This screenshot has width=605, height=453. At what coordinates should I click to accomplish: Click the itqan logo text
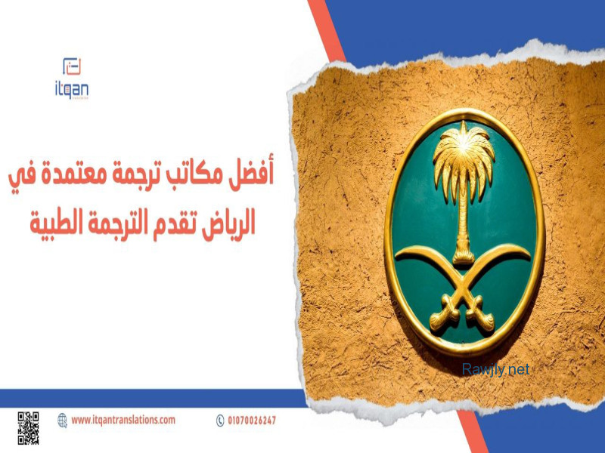coord(71,90)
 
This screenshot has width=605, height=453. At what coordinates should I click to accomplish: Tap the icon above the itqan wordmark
coord(72,66)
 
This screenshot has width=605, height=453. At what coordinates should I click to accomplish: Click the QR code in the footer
coord(28,428)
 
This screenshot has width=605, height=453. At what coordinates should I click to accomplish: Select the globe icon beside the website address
coord(62,421)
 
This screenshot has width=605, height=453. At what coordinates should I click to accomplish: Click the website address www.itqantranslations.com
coord(123,420)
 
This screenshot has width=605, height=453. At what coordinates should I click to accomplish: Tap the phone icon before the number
coord(220,421)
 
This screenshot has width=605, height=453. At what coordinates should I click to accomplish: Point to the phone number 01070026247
coord(252,421)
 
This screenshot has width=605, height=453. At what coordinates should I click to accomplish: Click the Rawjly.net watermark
coord(495,370)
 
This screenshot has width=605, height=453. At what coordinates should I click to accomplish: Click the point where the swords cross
coord(462,288)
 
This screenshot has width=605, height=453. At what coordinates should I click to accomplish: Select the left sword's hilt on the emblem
coord(444,314)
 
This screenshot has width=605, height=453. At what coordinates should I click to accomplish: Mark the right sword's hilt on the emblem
coord(479,314)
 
